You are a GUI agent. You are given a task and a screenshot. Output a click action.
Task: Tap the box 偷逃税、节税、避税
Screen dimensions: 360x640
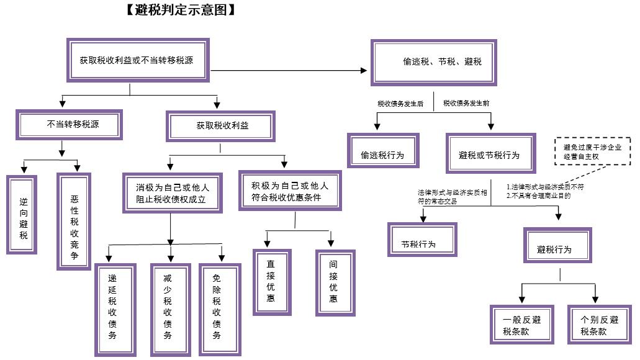click(442, 62)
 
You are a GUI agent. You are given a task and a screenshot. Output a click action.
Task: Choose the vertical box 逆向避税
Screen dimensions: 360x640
click(23, 214)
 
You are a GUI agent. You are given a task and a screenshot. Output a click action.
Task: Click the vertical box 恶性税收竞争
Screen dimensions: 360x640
click(74, 222)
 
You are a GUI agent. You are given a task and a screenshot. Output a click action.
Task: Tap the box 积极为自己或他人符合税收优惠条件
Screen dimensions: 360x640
click(289, 191)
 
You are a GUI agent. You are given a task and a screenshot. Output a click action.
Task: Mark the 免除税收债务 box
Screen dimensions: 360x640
click(219, 307)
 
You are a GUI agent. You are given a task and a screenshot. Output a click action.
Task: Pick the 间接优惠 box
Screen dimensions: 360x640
click(335, 282)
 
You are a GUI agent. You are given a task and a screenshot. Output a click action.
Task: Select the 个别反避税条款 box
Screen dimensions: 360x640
click(598, 325)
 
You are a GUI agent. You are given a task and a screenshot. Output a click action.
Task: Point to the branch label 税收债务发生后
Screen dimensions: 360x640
click(400, 104)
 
